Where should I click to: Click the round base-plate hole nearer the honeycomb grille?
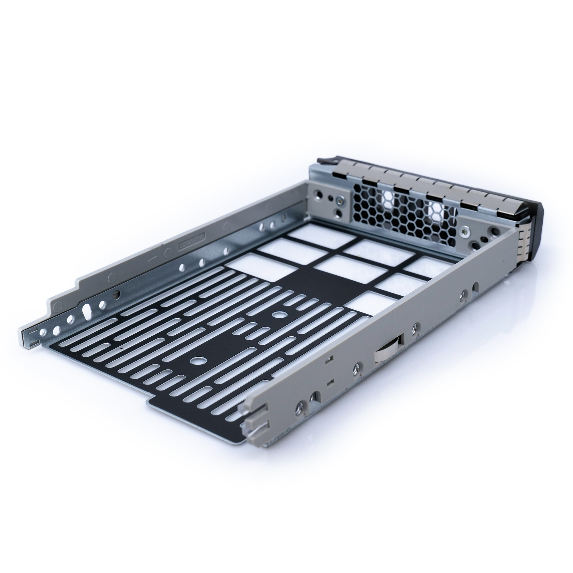pyautogui.click(x=278, y=315)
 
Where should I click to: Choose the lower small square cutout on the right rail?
pyautogui.click(x=329, y=382)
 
